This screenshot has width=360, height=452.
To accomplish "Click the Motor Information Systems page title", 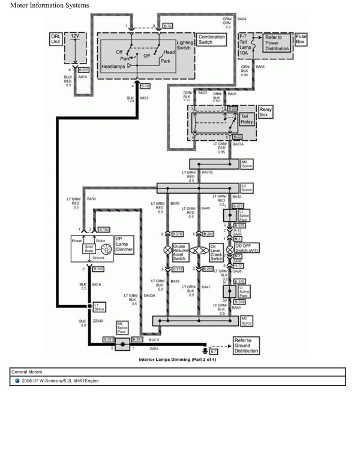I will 50,5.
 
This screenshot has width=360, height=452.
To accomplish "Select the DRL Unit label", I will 55,40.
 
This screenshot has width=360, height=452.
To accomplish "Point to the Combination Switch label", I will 211,40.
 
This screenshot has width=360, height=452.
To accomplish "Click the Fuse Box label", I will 301,40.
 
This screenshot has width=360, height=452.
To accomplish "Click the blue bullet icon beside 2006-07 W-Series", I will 17,381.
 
